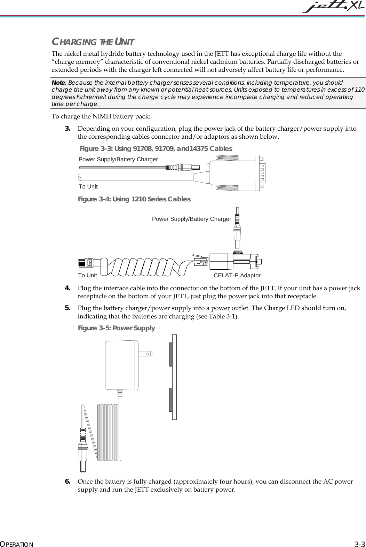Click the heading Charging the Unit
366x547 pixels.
point(93,42)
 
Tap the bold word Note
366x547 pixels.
point(58,83)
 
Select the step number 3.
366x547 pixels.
point(68,129)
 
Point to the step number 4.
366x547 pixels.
point(68,288)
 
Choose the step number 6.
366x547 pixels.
point(68,482)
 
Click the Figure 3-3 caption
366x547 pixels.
point(156,149)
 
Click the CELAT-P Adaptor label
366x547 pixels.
point(237,276)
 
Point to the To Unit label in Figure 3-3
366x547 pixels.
point(88,187)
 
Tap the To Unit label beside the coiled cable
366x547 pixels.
point(87,276)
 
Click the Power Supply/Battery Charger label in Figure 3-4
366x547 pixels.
point(191,219)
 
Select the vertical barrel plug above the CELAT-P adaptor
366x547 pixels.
point(237,227)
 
